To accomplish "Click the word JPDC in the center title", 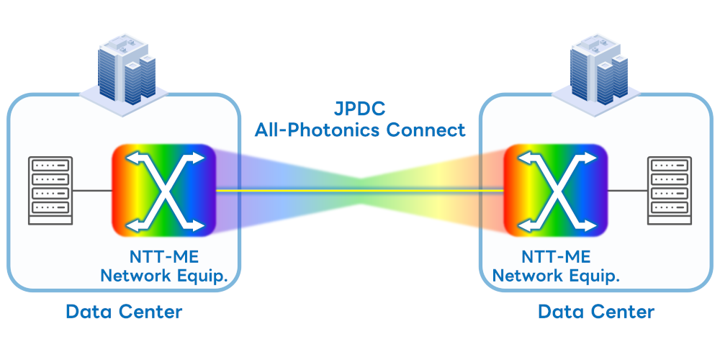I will tap(360, 110).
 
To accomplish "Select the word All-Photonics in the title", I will tap(318, 130).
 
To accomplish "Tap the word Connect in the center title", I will tap(425, 130).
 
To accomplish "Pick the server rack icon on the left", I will tap(50, 189).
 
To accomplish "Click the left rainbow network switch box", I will tap(163, 191).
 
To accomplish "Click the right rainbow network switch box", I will tap(555, 190).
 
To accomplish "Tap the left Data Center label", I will tap(124, 312).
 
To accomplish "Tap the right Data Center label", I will tap(596, 312).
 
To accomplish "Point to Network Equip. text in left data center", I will tap(169, 275).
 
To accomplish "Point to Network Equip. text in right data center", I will tap(556, 275).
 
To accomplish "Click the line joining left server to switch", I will tap(92, 191).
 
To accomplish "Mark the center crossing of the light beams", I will tap(360, 190).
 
